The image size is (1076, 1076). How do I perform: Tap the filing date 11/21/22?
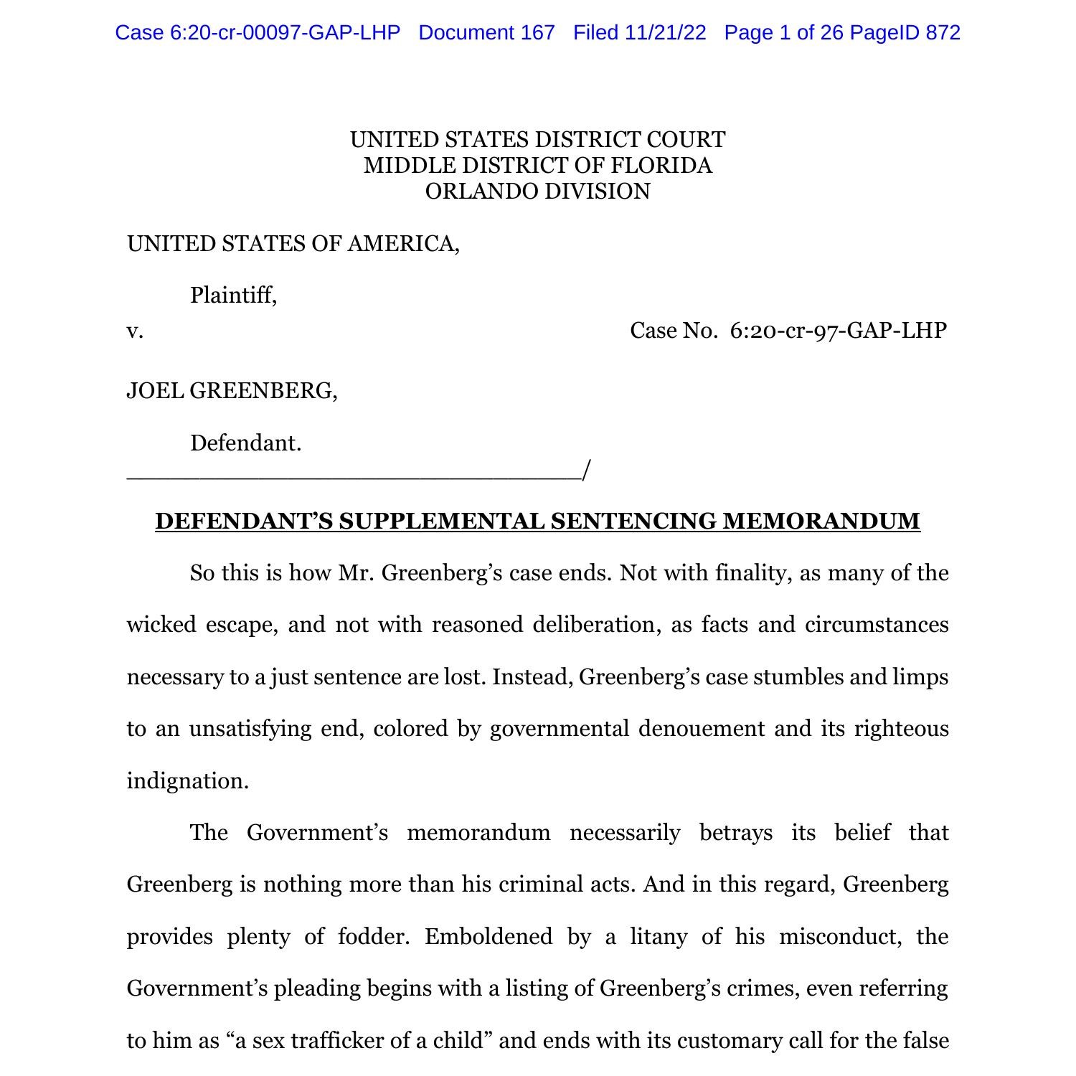(665, 33)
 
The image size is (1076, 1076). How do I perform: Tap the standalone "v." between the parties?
(135, 331)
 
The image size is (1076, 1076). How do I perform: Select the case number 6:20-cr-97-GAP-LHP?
(838, 331)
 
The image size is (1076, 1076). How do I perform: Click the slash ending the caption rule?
(586, 471)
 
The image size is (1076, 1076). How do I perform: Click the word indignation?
(187, 781)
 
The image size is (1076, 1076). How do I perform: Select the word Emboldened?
(488, 937)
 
